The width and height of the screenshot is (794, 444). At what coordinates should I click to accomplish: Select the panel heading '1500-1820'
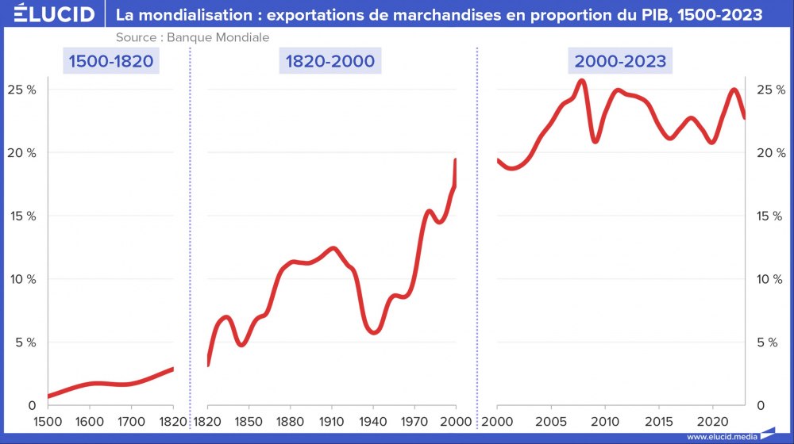[110, 61]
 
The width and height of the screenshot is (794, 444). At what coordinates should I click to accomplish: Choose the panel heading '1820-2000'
[331, 61]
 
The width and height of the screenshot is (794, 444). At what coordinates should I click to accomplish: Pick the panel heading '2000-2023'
[620, 61]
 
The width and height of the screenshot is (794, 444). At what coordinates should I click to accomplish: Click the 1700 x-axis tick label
[131, 421]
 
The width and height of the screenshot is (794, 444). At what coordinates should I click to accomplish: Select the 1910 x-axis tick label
[331, 421]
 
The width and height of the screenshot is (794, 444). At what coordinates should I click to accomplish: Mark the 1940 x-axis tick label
[373, 421]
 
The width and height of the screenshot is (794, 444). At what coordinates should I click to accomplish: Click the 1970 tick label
[414, 421]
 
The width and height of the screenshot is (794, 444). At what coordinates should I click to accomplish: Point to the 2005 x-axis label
[550, 421]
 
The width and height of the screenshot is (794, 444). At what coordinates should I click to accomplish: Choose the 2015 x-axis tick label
[659, 421]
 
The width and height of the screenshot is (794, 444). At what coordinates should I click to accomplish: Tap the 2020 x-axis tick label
[713, 421]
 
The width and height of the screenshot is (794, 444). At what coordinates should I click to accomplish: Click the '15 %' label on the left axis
[21, 216]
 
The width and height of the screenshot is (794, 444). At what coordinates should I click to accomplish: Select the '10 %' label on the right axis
[769, 279]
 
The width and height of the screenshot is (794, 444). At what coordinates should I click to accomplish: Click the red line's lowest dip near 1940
[374, 332]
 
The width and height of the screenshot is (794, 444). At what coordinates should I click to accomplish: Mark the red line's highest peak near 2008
[581, 80]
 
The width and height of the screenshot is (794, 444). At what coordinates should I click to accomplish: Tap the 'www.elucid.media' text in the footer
[722, 437]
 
